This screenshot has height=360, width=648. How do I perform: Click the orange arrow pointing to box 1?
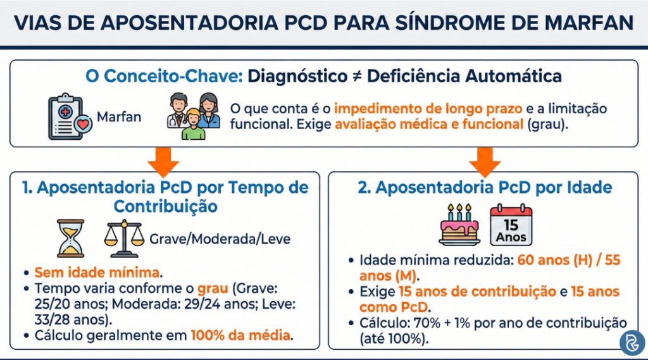click(163, 161)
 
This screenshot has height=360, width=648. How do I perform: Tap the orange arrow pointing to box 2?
click(485, 161)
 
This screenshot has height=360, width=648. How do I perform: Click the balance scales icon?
click(123, 238)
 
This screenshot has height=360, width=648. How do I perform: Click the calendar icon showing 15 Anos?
click(511, 225)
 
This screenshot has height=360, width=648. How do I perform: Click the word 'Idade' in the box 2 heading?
click(578, 187)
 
